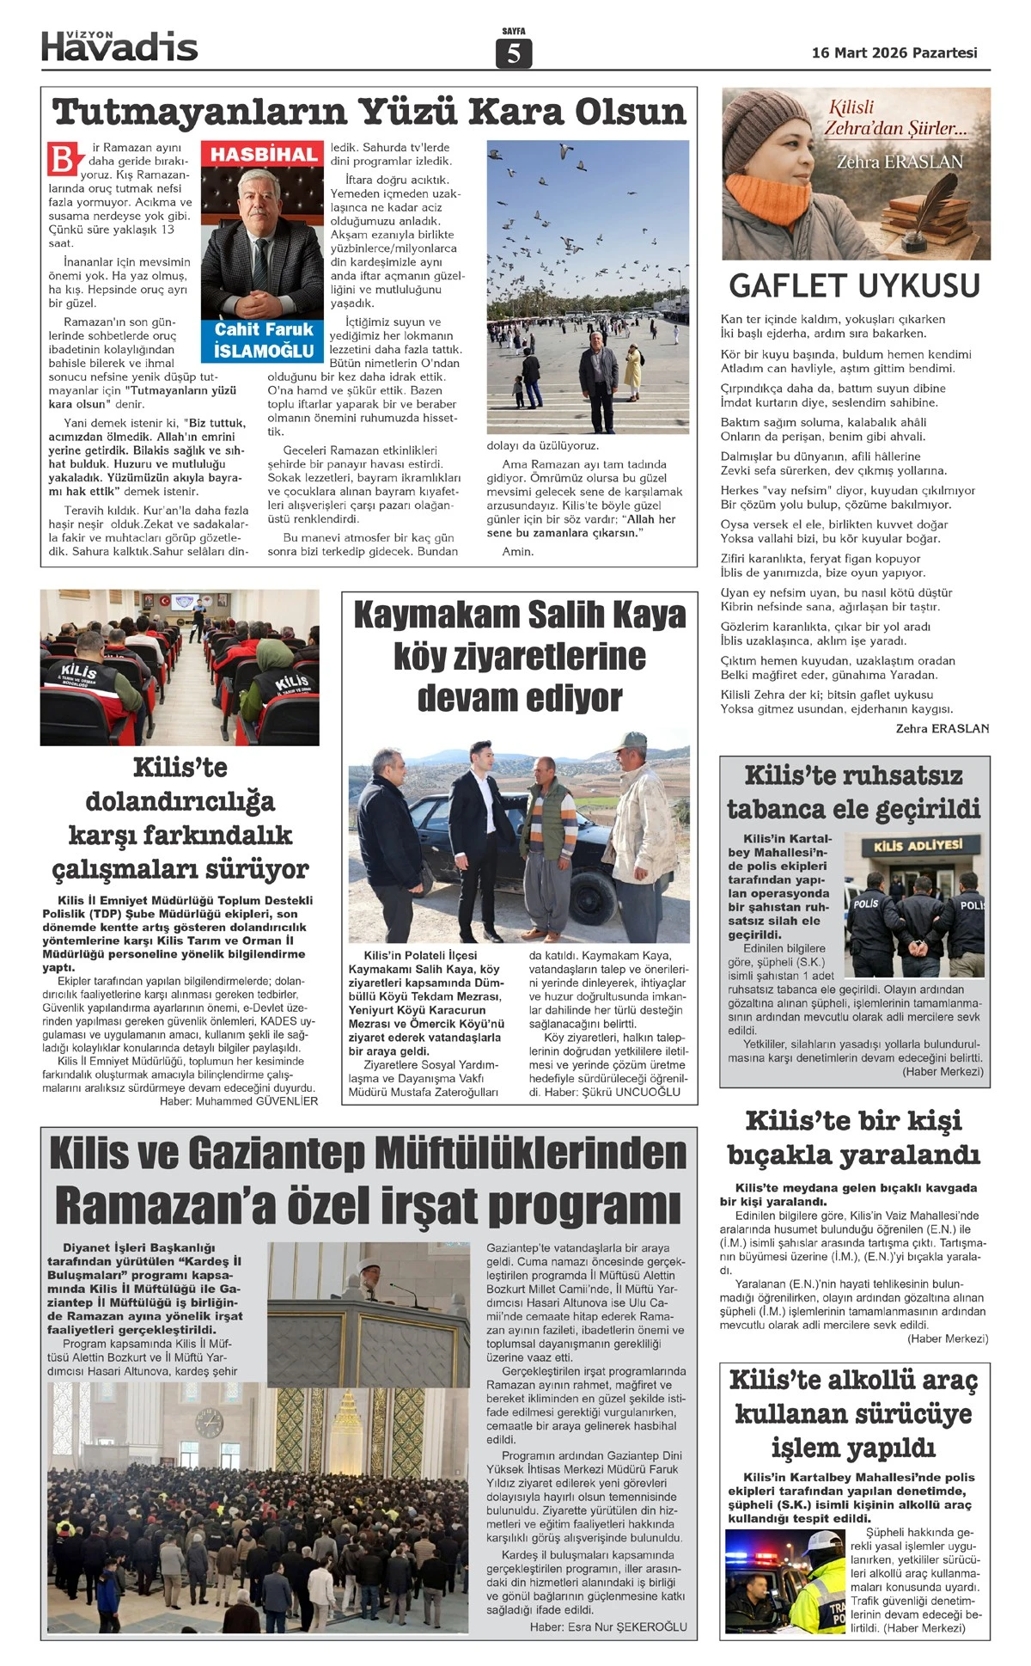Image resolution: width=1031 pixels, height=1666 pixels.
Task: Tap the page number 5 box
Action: tap(514, 53)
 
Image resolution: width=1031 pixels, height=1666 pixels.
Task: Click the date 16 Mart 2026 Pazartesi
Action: tap(894, 53)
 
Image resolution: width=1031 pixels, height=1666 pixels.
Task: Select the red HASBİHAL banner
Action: tap(264, 155)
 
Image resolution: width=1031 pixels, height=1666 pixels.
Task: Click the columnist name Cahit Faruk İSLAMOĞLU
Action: tap(264, 340)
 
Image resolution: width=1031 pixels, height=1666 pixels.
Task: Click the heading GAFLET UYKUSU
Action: tap(854, 286)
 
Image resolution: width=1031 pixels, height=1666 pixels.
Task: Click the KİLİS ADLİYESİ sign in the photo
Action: tap(918, 846)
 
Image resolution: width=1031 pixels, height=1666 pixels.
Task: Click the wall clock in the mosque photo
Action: tap(209, 1424)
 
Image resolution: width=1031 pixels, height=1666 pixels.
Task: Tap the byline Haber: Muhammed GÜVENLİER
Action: tap(238, 1101)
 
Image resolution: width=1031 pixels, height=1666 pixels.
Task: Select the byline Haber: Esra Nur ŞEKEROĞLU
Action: tap(608, 1626)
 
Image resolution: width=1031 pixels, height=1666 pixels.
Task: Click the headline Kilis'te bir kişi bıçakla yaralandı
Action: tap(853, 1137)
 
